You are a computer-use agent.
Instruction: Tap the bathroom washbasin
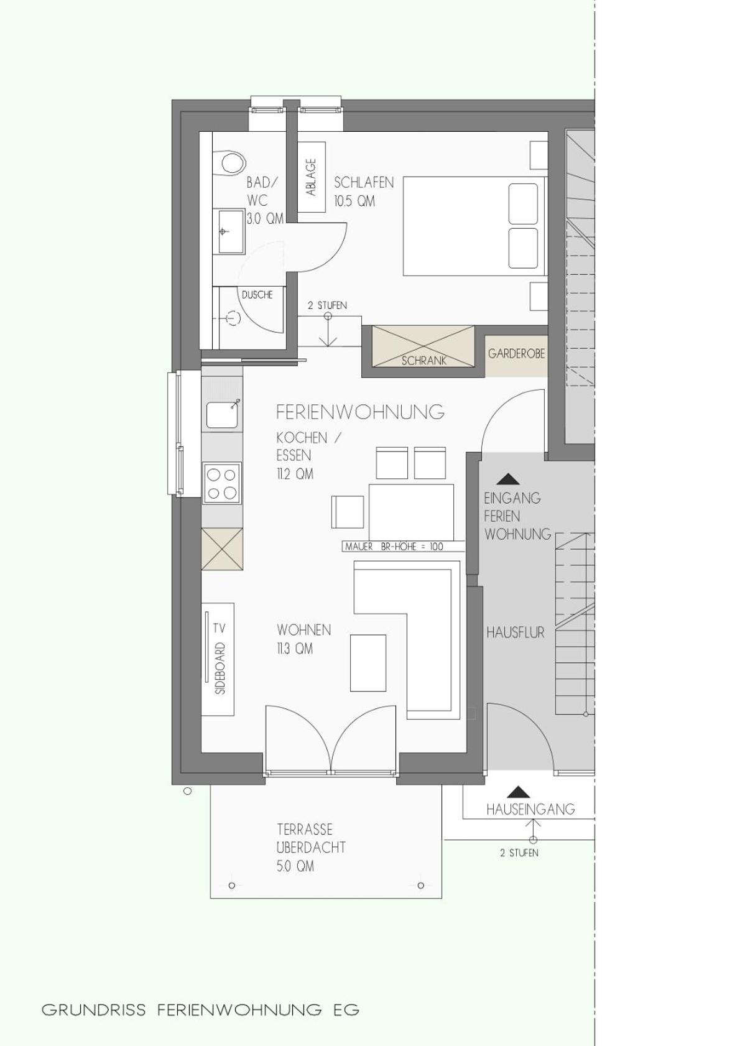(x=230, y=231)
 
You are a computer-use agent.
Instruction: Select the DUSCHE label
(x=257, y=295)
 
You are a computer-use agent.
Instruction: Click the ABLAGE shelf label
(x=311, y=177)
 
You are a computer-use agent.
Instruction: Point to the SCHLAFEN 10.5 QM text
(x=363, y=192)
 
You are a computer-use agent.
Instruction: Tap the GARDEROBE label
(x=516, y=354)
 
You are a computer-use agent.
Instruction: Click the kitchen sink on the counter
(x=223, y=415)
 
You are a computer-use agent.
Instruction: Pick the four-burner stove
(x=222, y=483)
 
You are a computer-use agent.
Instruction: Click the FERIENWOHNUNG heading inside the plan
(x=360, y=412)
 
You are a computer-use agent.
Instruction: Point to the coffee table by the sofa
(x=368, y=663)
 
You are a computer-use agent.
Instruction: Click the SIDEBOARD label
(x=220, y=669)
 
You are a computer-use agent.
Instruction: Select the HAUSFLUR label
(x=515, y=632)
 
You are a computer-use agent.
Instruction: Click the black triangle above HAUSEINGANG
(x=518, y=792)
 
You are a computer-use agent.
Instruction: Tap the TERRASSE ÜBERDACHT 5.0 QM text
(x=310, y=847)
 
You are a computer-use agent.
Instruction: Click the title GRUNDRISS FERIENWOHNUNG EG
(x=200, y=1009)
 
